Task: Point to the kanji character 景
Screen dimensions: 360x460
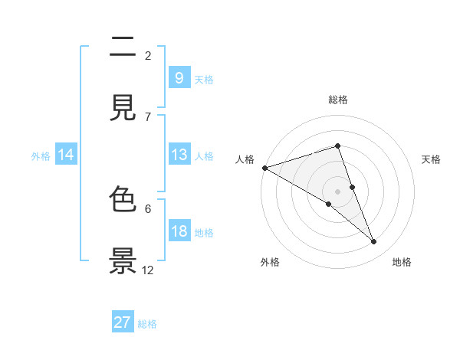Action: [x=123, y=260]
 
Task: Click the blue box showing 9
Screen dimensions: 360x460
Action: [x=179, y=78]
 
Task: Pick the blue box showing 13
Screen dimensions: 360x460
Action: [x=179, y=155]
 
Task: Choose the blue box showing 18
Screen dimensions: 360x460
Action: [x=179, y=232]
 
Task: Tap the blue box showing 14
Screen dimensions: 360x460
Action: [x=66, y=155]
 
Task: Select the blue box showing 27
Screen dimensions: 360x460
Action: [x=123, y=322]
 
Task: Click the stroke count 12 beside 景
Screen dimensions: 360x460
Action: [x=148, y=270]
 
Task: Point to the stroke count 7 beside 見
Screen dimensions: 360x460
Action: [x=148, y=116]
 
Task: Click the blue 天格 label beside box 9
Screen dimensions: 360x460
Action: [x=204, y=80]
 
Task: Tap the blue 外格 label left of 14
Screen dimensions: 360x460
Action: [x=41, y=156]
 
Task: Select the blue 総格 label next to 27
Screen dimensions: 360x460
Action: [x=147, y=324]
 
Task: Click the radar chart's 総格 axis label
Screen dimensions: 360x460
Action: [x=338, y=100]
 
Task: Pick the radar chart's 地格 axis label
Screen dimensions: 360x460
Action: [x=402, y=263]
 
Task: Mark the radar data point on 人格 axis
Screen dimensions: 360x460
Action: [x=264, y=168]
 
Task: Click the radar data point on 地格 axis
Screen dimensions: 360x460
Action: [x=374, y=242]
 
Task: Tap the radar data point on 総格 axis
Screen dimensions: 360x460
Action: [x=338, y=146]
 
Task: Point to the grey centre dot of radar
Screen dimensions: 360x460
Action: [x=338, y=191]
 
